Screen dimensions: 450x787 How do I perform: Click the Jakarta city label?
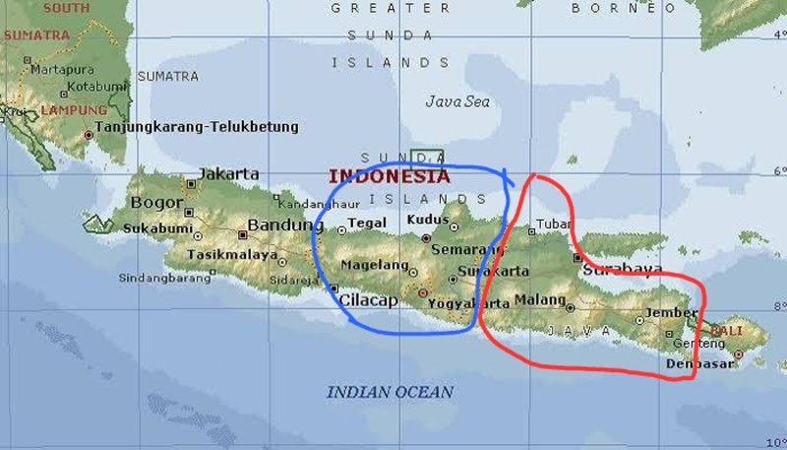coord(229,174)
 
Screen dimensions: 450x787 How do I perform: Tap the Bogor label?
coord(158,203)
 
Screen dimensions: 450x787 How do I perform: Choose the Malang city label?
coord(540,299)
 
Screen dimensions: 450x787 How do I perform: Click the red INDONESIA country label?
coord(389,177)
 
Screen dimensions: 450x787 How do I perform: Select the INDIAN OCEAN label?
coord(391,392)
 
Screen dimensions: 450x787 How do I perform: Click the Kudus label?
coord(427,219)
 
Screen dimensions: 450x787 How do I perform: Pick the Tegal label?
coord(367,224)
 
